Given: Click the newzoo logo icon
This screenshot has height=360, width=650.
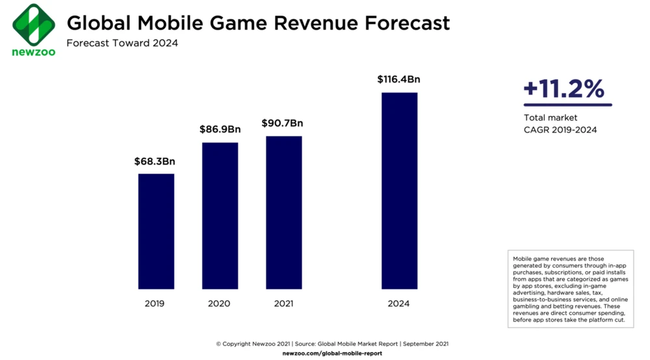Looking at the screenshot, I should (33, 24).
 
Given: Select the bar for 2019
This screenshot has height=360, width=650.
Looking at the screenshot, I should (156, 231).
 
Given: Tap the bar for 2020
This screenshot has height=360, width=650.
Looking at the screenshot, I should (220, 216).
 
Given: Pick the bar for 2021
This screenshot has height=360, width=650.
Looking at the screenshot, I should (283, 212).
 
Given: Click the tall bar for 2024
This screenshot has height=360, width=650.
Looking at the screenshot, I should (399, 190).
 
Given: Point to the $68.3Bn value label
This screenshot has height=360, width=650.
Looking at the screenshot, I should (155, 161).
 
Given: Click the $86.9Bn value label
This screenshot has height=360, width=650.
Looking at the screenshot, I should (220, 129).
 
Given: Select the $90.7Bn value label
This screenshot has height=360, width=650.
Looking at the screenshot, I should (282, 123).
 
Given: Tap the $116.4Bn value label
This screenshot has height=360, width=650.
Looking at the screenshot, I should (398, 79).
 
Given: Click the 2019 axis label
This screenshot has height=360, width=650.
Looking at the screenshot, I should (155, 303).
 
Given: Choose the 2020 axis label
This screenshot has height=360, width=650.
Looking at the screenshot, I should (219, 303).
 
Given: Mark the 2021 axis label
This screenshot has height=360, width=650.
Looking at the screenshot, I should (283, 303).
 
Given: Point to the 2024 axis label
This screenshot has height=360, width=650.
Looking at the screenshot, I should (398, 303).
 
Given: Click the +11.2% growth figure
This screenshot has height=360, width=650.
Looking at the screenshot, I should (564, 90).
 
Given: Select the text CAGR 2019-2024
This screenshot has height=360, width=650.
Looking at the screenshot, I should (560, 129).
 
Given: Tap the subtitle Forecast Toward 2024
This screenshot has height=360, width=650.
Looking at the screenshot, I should (122, 44).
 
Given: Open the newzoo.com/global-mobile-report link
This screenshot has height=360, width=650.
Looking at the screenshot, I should (332, 353).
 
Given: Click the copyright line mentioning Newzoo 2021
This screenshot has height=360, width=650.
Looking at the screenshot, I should (332, 344).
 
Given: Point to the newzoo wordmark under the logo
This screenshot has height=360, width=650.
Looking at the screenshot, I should (33, 52).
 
